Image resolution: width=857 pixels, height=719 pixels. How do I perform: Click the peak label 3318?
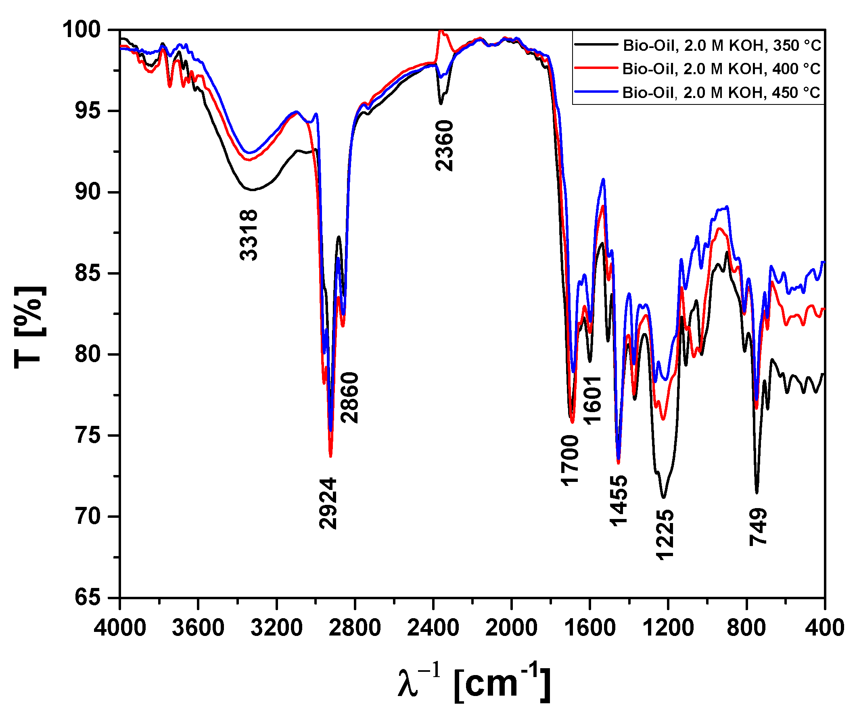pyautogui.click(x=249, y=235)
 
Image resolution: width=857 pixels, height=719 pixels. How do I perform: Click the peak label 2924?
pyautogui.click(x=328, y=504)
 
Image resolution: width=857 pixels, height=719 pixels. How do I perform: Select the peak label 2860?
pyautogui.click(x=350, y=398)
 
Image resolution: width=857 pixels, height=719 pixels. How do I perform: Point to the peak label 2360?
pyautogui.click(x=444, y=146)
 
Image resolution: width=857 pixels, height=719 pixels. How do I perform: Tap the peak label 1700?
pyautogui.click(x=570, y=460)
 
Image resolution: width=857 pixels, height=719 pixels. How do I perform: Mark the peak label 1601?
pyautogui.click(x=592, y=400)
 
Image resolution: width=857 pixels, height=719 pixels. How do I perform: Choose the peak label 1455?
pyautogui.click(x=619, y=501)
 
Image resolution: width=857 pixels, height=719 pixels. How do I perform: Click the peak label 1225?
pyautogui.click(x=665, y=535)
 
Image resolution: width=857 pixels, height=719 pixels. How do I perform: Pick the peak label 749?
pyautogui.click(x=758, y=527)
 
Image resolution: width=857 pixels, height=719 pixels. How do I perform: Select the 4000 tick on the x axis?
pyautogui.click(x=119, y=627)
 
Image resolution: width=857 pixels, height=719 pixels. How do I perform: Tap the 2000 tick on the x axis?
pyautogui.click(x=511, y=627)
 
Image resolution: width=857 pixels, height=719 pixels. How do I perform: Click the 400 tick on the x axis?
pyautogui.click(x=824, y=627)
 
